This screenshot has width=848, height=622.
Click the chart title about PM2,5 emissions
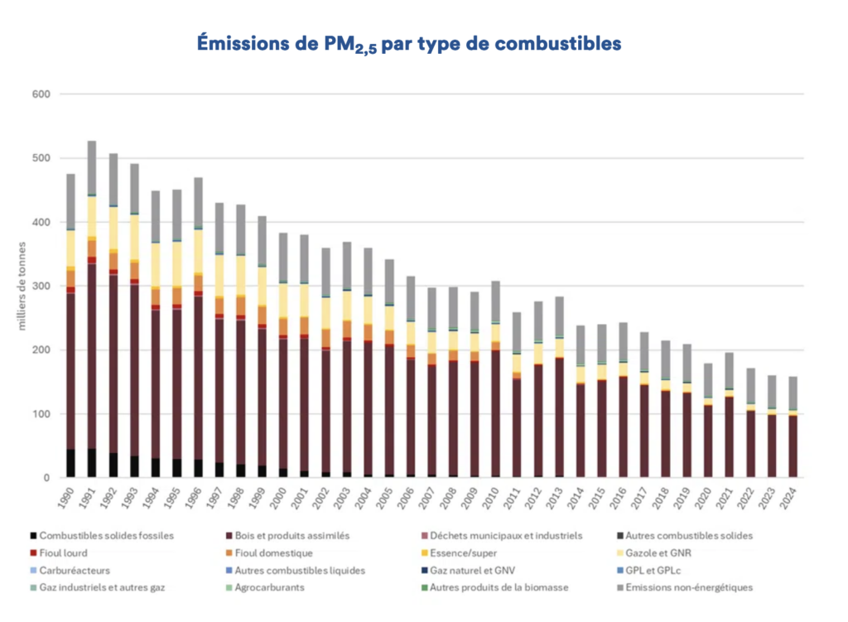[x=408, y=44]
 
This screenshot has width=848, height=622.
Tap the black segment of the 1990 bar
[x=70, y=463]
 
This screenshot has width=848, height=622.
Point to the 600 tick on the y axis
[x=41, y=94]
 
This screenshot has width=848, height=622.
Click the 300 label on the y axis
[x=41, y=287]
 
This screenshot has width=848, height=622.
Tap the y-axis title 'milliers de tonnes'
[x=22, y=286]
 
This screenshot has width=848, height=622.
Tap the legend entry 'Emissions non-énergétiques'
[x=694, y=588]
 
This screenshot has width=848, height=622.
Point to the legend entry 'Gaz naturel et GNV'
[x=480, y=571]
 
